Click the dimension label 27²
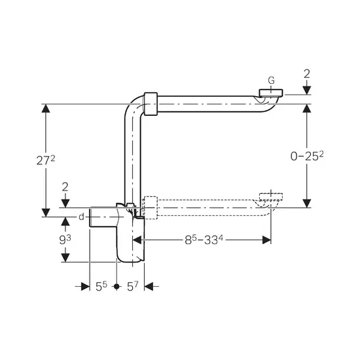click(46, 160)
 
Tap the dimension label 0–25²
click(307, 156)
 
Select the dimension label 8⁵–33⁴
click(204, 240)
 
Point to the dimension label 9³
click(65, 240)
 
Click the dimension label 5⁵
click(101, 286)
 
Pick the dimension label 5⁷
click(133, 286)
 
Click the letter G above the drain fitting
click(271, 81)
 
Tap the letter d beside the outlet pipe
click(82, 217)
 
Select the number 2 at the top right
click(307, 74)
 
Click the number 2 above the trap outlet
click(65, 187)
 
